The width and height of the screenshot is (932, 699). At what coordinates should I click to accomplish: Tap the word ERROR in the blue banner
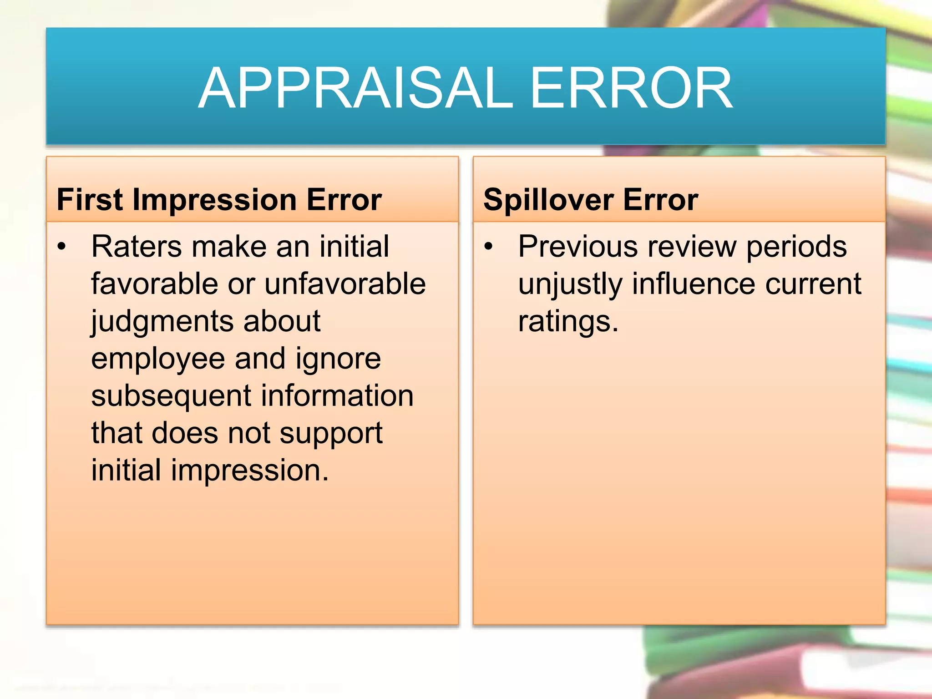click(631, 88)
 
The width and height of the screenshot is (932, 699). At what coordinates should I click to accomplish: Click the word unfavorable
click(345, 284)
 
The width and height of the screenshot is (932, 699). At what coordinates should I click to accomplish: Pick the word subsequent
click(171, 396)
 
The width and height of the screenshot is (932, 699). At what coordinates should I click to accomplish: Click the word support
click(331, 434)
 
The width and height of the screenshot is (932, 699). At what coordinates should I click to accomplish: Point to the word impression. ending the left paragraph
click(249, 471)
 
